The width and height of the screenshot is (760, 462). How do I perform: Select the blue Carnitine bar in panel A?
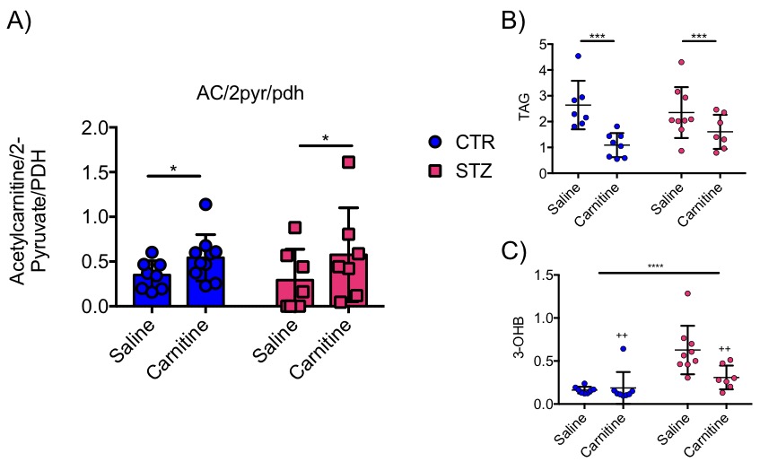coord(205,282)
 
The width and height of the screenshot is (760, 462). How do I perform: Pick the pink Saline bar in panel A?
coord(295,292)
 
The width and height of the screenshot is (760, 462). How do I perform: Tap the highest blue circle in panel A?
coord(205,205)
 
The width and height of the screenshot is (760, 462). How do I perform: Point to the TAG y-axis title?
coord(526,109)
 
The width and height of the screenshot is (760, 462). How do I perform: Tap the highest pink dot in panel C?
coord(686,293)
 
